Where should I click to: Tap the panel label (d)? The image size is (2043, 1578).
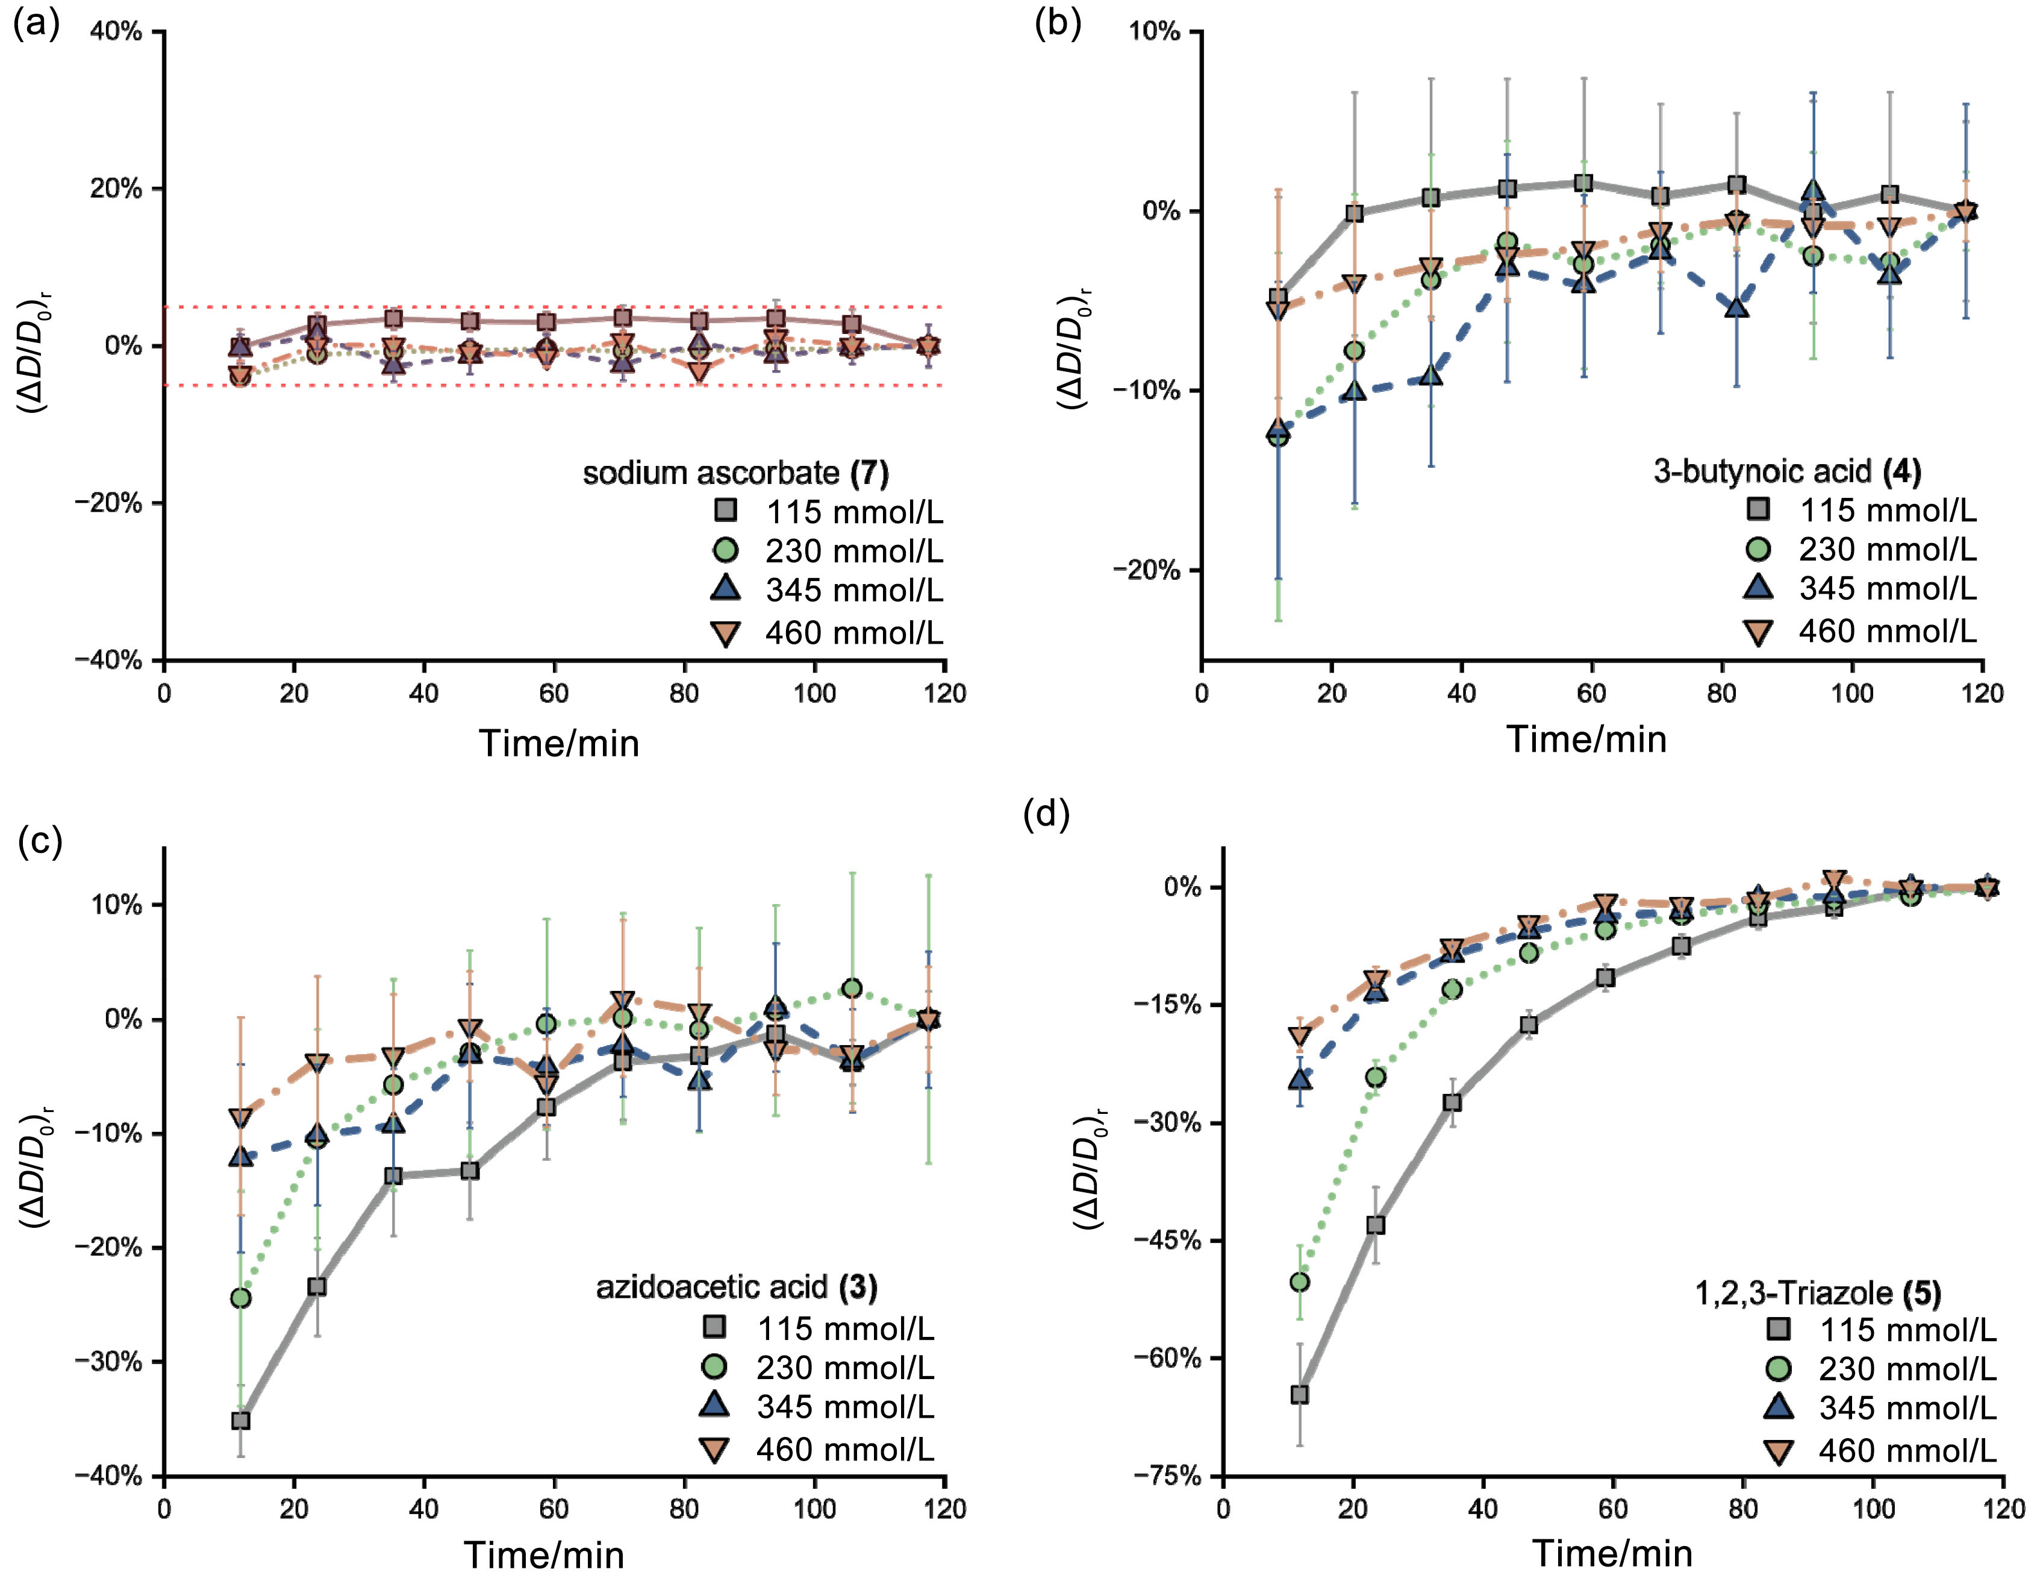tap(1047, 815)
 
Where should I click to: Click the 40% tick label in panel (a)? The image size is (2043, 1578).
tap(116, 32)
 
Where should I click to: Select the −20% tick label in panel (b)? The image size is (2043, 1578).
tap(1146, 570)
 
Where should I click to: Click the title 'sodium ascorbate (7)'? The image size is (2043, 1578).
tap(735, 473)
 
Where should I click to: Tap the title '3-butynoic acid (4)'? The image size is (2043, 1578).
tap(1786, 471)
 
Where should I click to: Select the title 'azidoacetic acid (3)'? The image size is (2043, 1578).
tap(737, 1288)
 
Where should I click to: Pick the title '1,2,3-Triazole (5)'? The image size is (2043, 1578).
tap(1818, 1294)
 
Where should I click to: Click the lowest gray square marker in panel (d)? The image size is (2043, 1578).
tap(1299, 1395)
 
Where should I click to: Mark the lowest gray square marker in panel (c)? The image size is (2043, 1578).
tap(240, 1421)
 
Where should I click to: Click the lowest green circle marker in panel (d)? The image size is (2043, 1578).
tap(1299, 1282)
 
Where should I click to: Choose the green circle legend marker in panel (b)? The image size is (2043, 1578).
tap(1759, 549)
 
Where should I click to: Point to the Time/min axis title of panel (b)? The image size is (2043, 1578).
tap(1586, 740)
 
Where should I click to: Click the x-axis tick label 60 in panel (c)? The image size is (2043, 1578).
tap(554, 1509)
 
